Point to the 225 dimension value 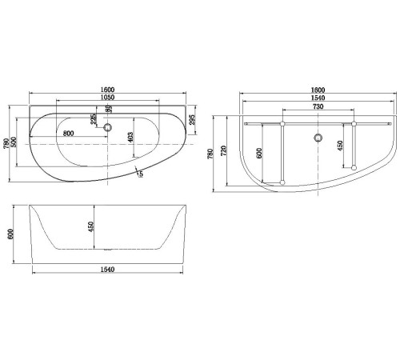point(94,121)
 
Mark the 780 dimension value point(211,154)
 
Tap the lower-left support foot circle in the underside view point(282,183)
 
